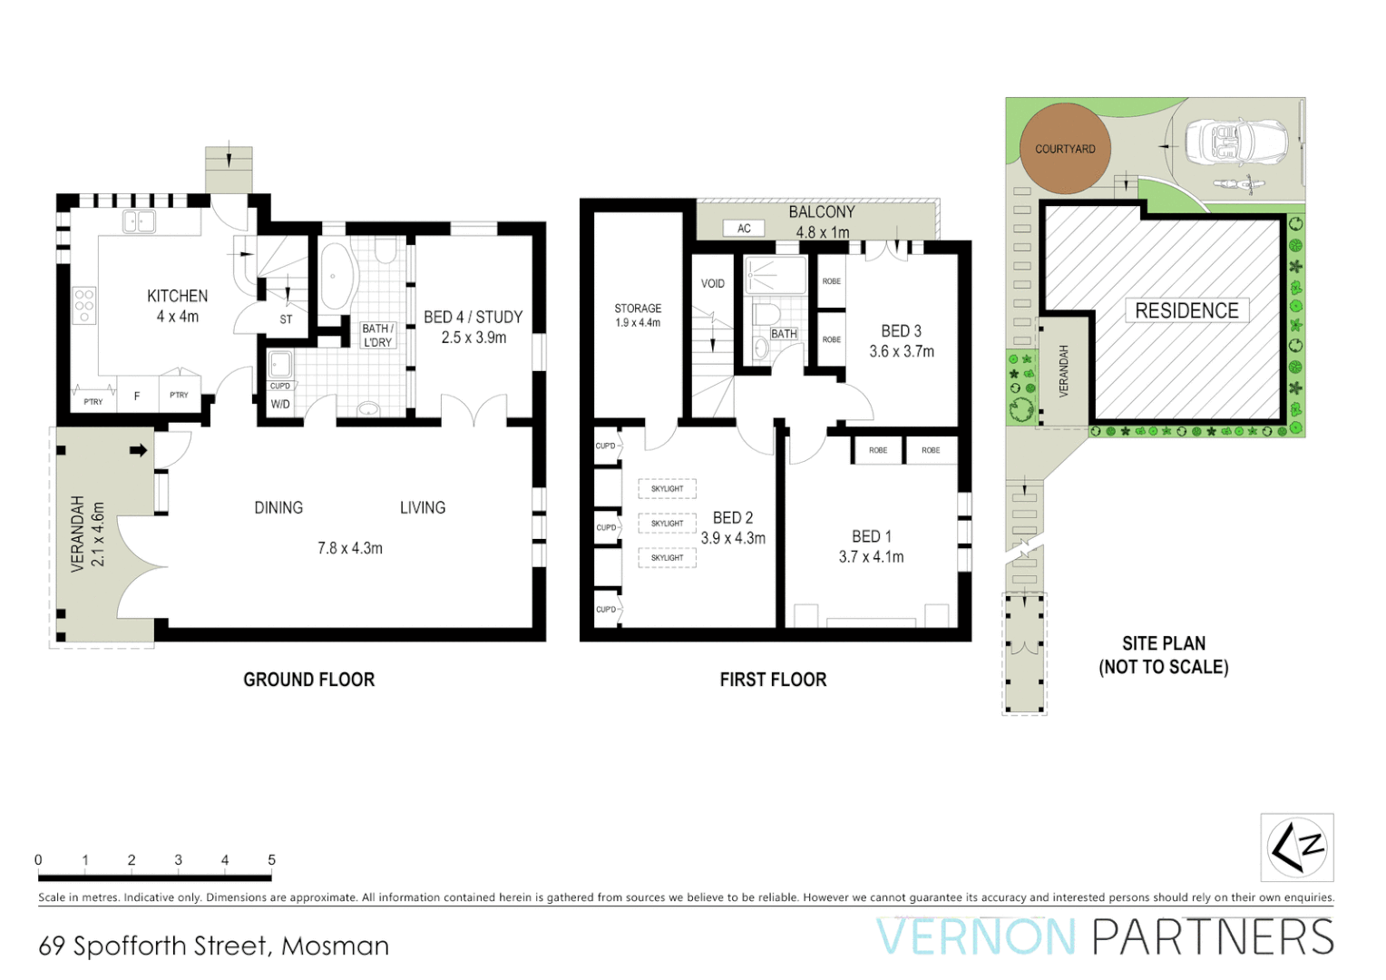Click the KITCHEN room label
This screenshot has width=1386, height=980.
pyautogui.click(x=177, y=296)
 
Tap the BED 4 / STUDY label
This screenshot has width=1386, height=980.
pyautogui.click(x=473, y=317)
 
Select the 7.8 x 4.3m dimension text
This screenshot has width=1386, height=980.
pyautogui.click(x=349, y=548)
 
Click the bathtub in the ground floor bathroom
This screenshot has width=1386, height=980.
pyautogui.click(x=335, y=278)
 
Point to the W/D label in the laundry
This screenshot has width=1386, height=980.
pyautogui.click(x=280, y=404)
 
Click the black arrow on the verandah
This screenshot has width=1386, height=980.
pyautogui.click(x=138, y=450)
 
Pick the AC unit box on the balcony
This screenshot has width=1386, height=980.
pyautogui.click(x=744, y=229)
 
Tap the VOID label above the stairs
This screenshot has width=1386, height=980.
pyautogui.click(x=713, y=284)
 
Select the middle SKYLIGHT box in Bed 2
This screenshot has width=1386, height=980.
pyautogui.click(x=667, y=524)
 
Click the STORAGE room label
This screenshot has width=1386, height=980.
pyautogui.click(x=638, y=309)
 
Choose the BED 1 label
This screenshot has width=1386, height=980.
pyautogui.click(x=871, y=536)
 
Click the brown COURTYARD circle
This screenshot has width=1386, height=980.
pyautogui.click(x=1065, y=149)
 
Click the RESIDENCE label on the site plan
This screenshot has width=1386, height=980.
pyautogui.click(x=1186, y=310)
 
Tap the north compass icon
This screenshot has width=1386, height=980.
pyautogui.click(x=1297, y=848)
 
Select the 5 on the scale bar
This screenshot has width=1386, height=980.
pyautogui.click(x=271, y=859)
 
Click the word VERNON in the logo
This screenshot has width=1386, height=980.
pyautogui.click(x=976, y=937)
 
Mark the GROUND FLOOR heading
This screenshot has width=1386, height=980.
pyautogui.click(x=308, y=680)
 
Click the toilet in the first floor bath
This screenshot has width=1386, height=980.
pyautogui.click(x=767, y=314)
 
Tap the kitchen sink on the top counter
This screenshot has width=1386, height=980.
pyautogui.click(x=139, y=221)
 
